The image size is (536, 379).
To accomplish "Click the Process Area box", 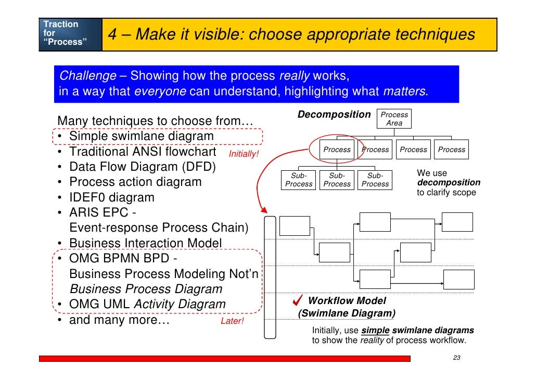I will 394,119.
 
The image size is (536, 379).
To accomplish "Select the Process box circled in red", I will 337,149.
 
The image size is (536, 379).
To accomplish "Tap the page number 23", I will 457,358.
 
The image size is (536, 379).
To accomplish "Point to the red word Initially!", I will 244,154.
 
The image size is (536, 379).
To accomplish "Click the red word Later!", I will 232,321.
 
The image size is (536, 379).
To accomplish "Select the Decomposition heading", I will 334,115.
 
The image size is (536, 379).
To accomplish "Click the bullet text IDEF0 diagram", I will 111,198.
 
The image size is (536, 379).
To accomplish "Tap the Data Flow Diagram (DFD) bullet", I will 142,167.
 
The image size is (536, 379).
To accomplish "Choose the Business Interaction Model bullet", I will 145,243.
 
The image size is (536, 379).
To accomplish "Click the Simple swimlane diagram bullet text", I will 141,136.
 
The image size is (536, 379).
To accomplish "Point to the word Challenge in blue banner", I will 87,76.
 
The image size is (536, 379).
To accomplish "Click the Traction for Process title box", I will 70,33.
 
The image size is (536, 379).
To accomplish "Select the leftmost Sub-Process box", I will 299,180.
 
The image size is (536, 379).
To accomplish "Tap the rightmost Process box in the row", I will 451,149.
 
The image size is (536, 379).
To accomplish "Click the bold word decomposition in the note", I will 449,183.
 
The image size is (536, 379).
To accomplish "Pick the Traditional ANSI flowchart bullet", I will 142,152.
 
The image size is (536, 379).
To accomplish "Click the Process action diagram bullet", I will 135,182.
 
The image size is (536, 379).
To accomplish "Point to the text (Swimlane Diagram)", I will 346,313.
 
